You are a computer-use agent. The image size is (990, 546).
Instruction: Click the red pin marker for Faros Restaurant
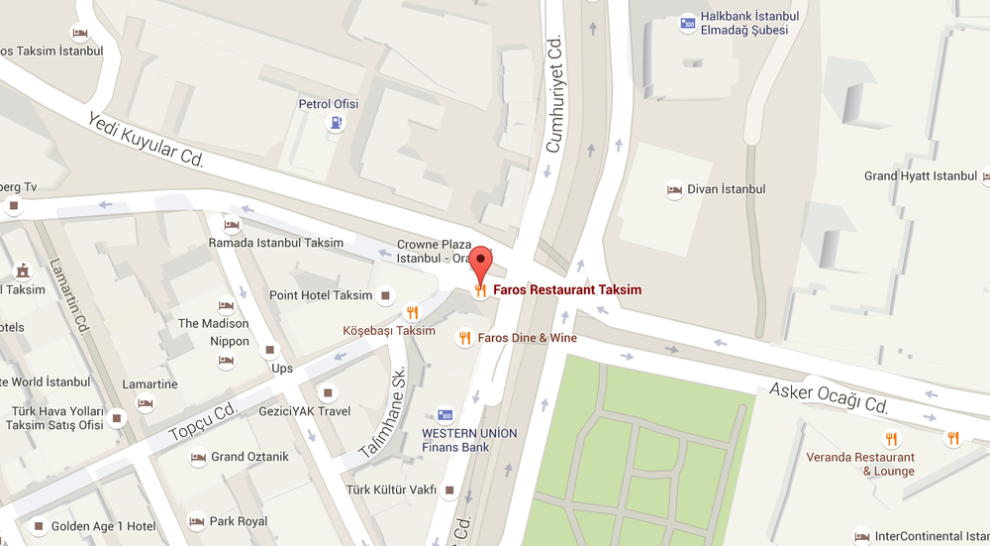tap(480, 263)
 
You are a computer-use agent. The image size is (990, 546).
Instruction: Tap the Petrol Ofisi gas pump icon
tap(338, 124)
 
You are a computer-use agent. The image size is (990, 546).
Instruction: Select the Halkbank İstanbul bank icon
tap(687, 22)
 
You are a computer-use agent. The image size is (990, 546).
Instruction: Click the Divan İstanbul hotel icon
tap(674, 189)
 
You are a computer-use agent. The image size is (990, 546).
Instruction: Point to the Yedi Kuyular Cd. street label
tap(146, 140)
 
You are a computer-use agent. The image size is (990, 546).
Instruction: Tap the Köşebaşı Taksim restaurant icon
tap(413, 312)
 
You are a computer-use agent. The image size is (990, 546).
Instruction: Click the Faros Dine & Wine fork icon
tap(464, 338)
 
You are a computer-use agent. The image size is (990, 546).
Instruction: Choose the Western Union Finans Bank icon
tap(445, 415)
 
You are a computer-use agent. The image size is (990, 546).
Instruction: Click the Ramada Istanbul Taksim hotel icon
tap(232, 225)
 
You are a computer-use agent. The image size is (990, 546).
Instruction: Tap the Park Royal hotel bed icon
tap(196, 521)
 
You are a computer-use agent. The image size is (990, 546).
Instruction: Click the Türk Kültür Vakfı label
tap(391, 491)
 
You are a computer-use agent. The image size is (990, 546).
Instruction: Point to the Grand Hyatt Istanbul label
tap(920, 175)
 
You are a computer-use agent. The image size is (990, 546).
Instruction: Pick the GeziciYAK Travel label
tap(305, 411)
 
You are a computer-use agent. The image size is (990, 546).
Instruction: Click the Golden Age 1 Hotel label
tap(104, 525)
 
